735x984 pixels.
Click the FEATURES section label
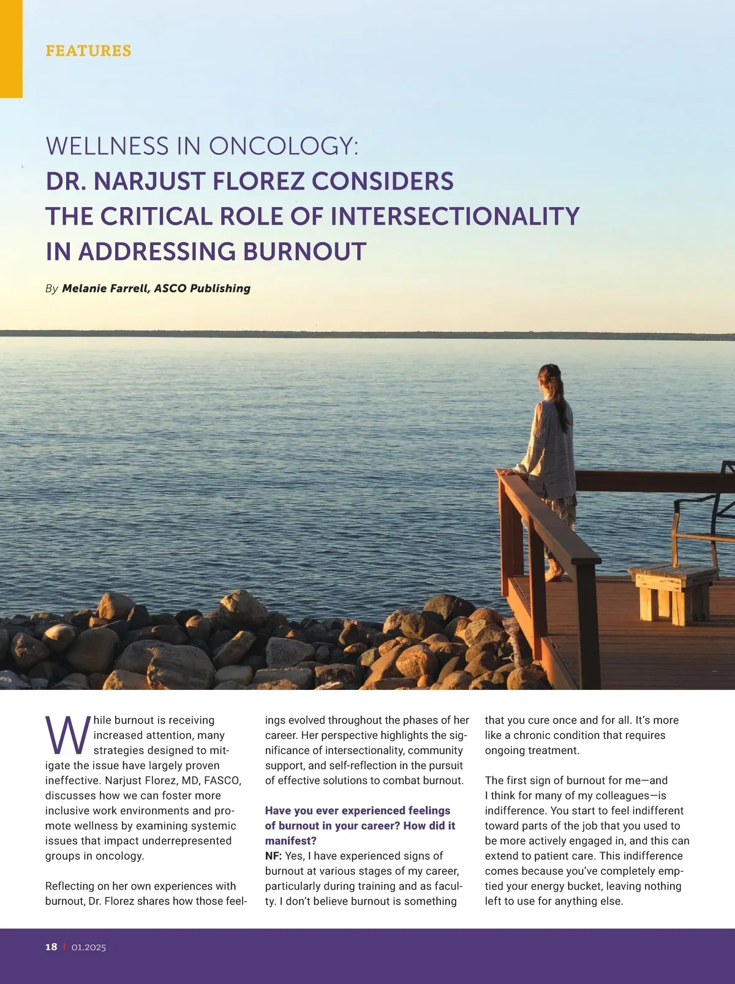pyautogui.click(x=88, y=50)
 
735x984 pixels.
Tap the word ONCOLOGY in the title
pyautogui.click(x=284, y=146)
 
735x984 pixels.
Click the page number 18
pyautogui.click(x=51, y=947)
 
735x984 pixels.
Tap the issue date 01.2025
pyautogui.click(x=89, y=947)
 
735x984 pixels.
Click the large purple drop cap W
pyautogui.click(x=67, y=735)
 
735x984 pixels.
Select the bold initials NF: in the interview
pyautogui.click(x=273, y=856)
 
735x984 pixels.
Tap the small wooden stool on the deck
pyautogui.click(x=673, y=591)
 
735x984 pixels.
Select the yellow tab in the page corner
pyautogui.click(x=11, y=49)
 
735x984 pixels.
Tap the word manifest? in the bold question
pyautogui.click(x=291, y=841)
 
